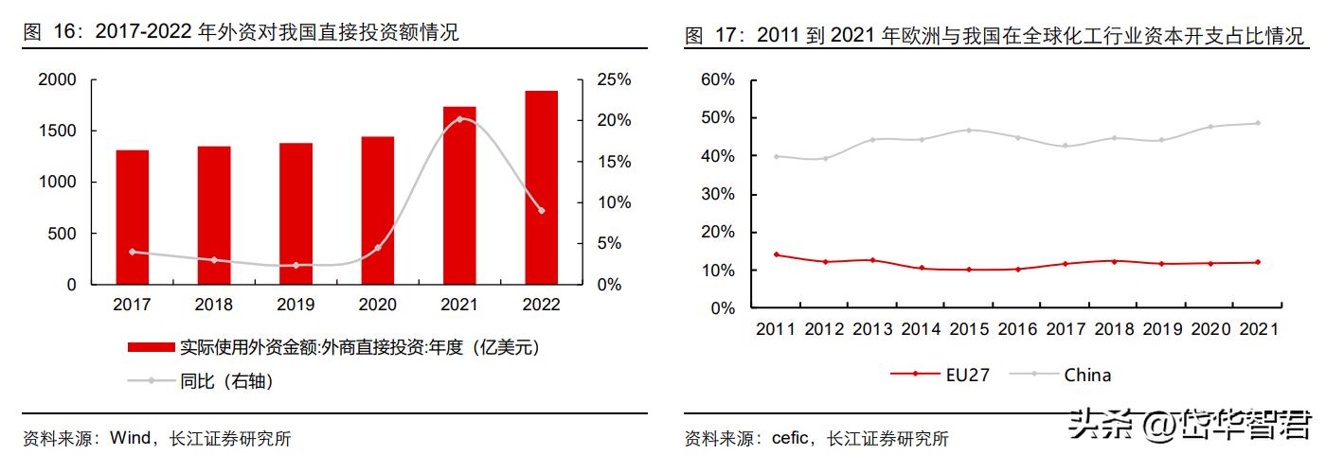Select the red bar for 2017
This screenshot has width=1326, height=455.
(133, 217)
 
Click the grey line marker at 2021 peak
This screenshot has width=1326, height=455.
(460, 119)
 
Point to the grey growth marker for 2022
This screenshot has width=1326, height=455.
(541, 210)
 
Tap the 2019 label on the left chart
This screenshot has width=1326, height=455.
(296, 305)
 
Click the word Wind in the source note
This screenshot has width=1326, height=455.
(131, 438)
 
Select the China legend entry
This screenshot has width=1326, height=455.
(1087, 375)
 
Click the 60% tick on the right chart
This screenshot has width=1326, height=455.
(717, 79)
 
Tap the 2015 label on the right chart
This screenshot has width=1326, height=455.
(968, 329)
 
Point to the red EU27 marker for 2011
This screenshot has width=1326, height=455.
(777, 254)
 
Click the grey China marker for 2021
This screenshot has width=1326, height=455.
(1258, 123)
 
